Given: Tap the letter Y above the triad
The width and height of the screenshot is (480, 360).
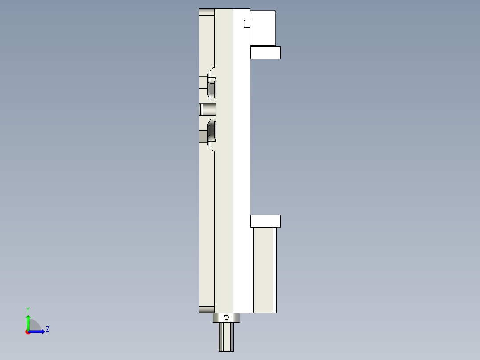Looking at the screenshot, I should click(x=28, y=309).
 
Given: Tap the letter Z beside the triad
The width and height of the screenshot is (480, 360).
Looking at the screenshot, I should click(x=47, y=329).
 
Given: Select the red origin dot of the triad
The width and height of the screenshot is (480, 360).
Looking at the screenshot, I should click(x=28, y=332).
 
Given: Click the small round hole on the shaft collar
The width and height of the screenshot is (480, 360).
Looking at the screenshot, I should click(x=226, y=318).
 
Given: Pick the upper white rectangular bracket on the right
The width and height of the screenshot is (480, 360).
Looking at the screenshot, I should click(x=265, y=53).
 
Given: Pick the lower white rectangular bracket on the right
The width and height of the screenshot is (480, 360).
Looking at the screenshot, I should click(x=265, y=221).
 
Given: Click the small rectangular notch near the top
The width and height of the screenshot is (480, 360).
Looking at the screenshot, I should click(x=245, y=24).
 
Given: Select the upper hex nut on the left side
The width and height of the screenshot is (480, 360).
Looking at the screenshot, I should click(x=212, y=87).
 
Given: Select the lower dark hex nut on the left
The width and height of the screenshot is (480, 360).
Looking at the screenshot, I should click(x=212, y=131).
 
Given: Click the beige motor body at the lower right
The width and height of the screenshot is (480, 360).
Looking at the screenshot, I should click(x=264, y=270).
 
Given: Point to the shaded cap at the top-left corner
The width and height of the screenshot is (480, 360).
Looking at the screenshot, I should click(x=207, y=12).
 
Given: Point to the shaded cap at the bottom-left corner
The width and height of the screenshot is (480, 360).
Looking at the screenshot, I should click(x=207, y=310).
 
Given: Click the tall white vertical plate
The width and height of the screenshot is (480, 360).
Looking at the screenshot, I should click(x=241, y=160).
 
